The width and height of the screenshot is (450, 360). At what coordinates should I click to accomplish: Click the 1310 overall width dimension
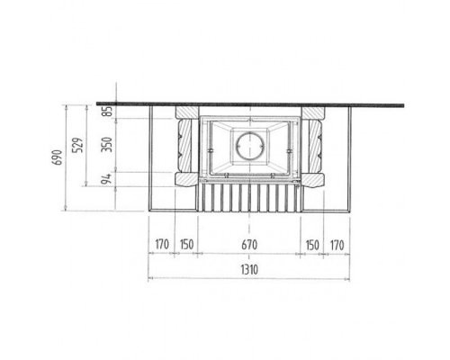[x=249, y=270]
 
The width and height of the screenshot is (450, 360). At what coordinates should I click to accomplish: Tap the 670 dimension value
[x=249, y=245]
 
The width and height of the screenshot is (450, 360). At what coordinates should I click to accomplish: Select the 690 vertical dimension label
[x=58, y=157]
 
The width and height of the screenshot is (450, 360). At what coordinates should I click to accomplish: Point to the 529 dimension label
[x=78, y=145]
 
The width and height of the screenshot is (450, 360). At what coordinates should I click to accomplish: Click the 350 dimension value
[x=106, y=145]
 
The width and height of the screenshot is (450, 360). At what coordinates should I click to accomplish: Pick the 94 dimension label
[x=106, y=178]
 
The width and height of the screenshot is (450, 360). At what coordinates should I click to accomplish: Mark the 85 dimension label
[x=108, y=111]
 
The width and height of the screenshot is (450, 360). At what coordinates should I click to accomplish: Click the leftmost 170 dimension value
[x=162, y=245]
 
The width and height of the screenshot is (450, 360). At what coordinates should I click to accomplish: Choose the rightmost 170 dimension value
[x=337, y=245]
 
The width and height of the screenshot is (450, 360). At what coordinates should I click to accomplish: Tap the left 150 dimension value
[x=186, y=245]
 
